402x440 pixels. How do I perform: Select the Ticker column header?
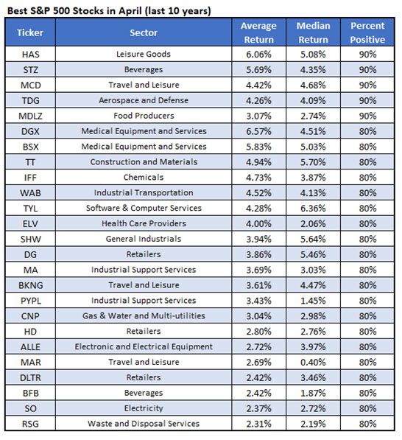[30, 33]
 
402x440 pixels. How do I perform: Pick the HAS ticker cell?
[30, 54]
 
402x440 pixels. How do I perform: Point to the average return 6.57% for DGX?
[258, 131]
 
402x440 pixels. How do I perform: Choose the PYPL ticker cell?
[30, 300]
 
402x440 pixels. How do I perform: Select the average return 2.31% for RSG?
[258, 423]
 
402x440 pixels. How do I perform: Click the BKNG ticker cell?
[30, 284]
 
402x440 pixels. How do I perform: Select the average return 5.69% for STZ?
[258, 69]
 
